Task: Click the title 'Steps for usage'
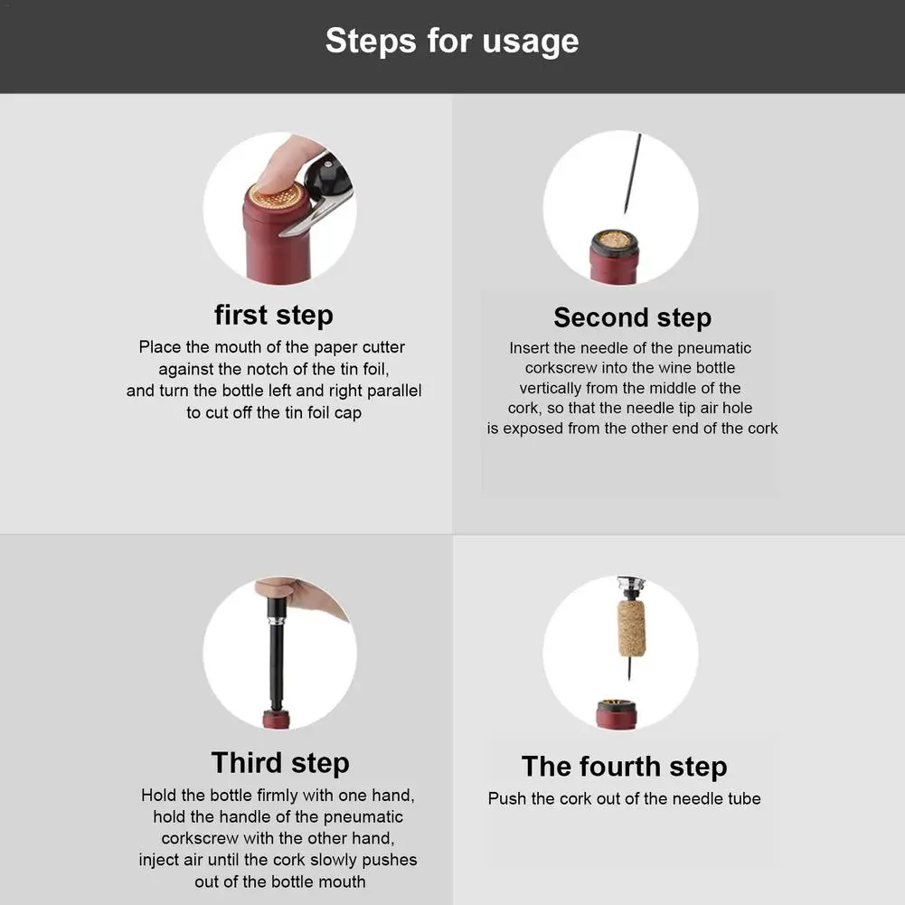(452, 42)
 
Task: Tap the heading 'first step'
(274, 316)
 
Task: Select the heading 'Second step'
(633, 318)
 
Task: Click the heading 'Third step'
(280, 763)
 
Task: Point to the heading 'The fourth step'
(624, 767)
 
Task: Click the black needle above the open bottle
(633, 174)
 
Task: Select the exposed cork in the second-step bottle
(614, 240)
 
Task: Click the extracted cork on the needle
(631, 629)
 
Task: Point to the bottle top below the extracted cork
(617, 713)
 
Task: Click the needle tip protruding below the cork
(630, 670)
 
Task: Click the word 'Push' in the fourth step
(507, 799)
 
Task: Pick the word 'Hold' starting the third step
(159, 796)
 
